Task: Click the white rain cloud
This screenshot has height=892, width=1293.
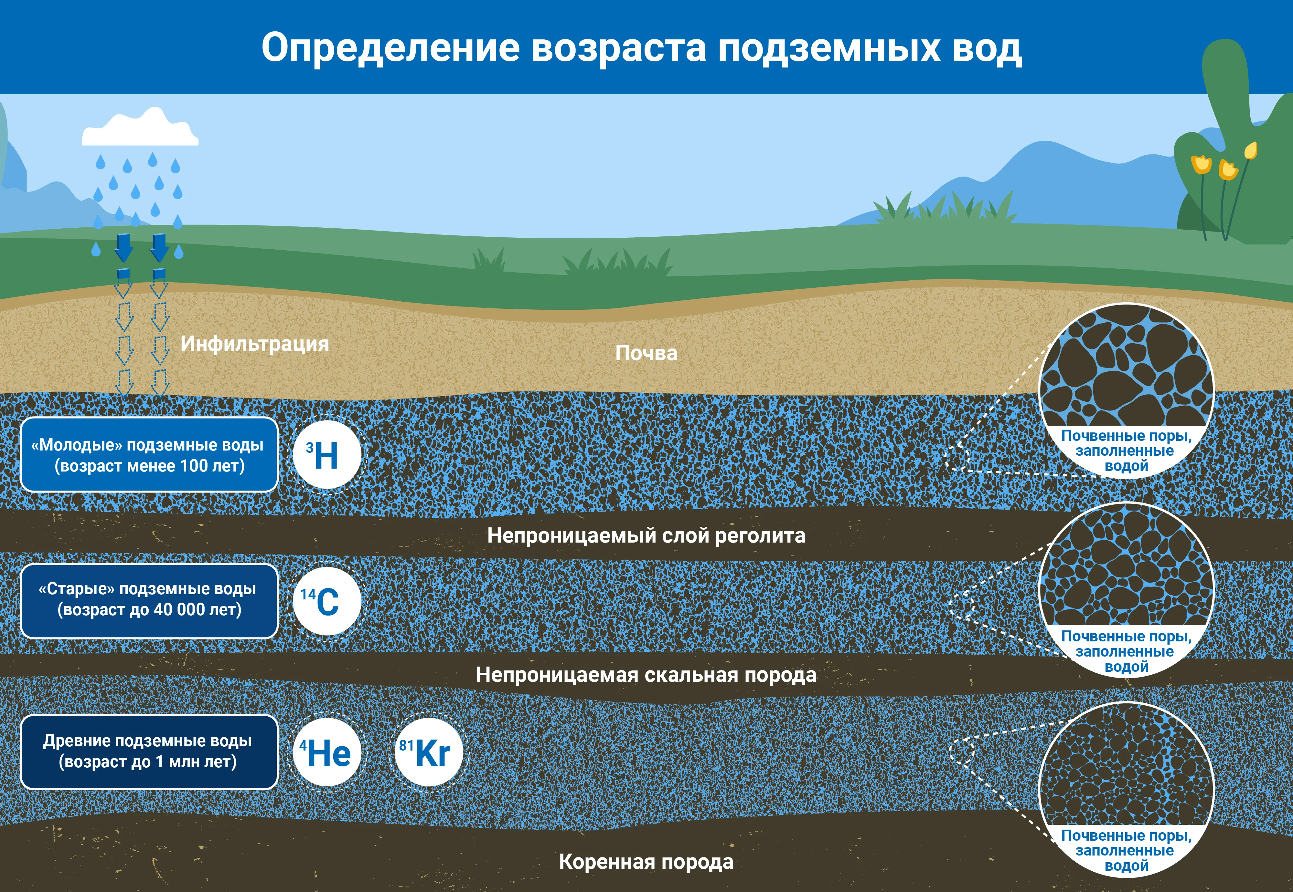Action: point(140,128)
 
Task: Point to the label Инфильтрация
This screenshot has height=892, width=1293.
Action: point(254,344)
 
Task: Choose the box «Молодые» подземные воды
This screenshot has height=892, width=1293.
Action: point(149,454)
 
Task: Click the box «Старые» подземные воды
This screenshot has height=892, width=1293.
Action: point(149,601)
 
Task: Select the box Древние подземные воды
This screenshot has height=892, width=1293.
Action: point(149,752)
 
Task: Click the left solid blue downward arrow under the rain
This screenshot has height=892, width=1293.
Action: point(123,248)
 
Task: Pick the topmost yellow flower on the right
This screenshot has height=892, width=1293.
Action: point(1251,150)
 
